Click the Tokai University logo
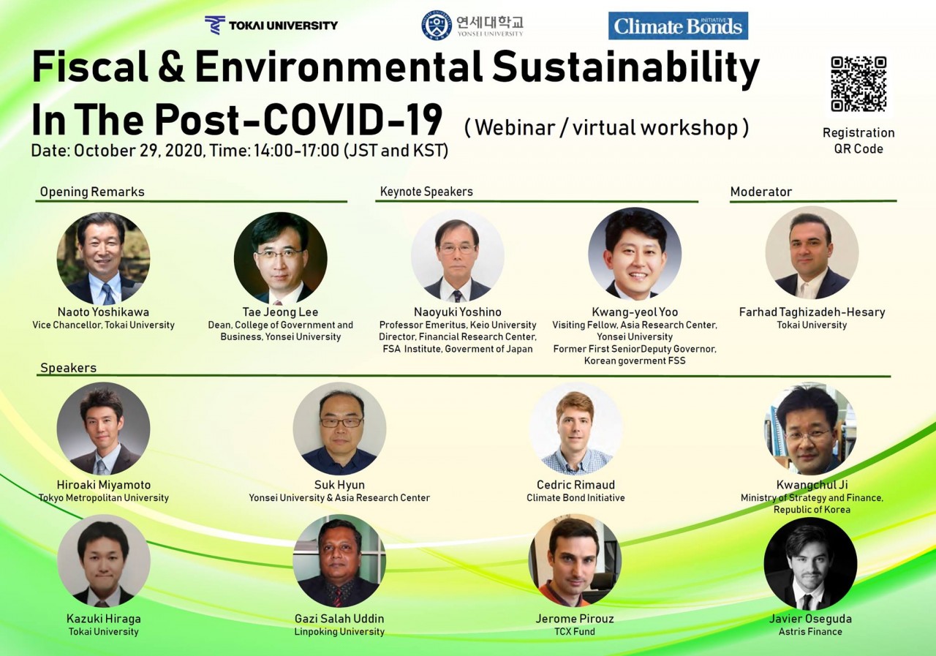[271, 25]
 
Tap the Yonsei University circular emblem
[437, 26]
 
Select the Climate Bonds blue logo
[678, 26]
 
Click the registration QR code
[858, 84]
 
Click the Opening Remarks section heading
[92, 192]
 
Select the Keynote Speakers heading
[426, 192]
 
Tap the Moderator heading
[761, 192]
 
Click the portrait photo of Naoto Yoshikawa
[103, 258]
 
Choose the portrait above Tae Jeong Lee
[280, 258]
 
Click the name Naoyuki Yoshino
[458, 312]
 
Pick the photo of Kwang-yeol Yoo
[635, 254]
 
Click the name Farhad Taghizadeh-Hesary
[812, 312]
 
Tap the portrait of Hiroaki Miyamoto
[103, 429]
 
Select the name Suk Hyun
[339, 485]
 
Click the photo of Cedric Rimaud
[575, 429]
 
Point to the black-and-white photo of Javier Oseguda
[810, 564]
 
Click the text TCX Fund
[575, 631]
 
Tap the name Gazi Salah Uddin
[339, 619]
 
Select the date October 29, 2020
[138, 151]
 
